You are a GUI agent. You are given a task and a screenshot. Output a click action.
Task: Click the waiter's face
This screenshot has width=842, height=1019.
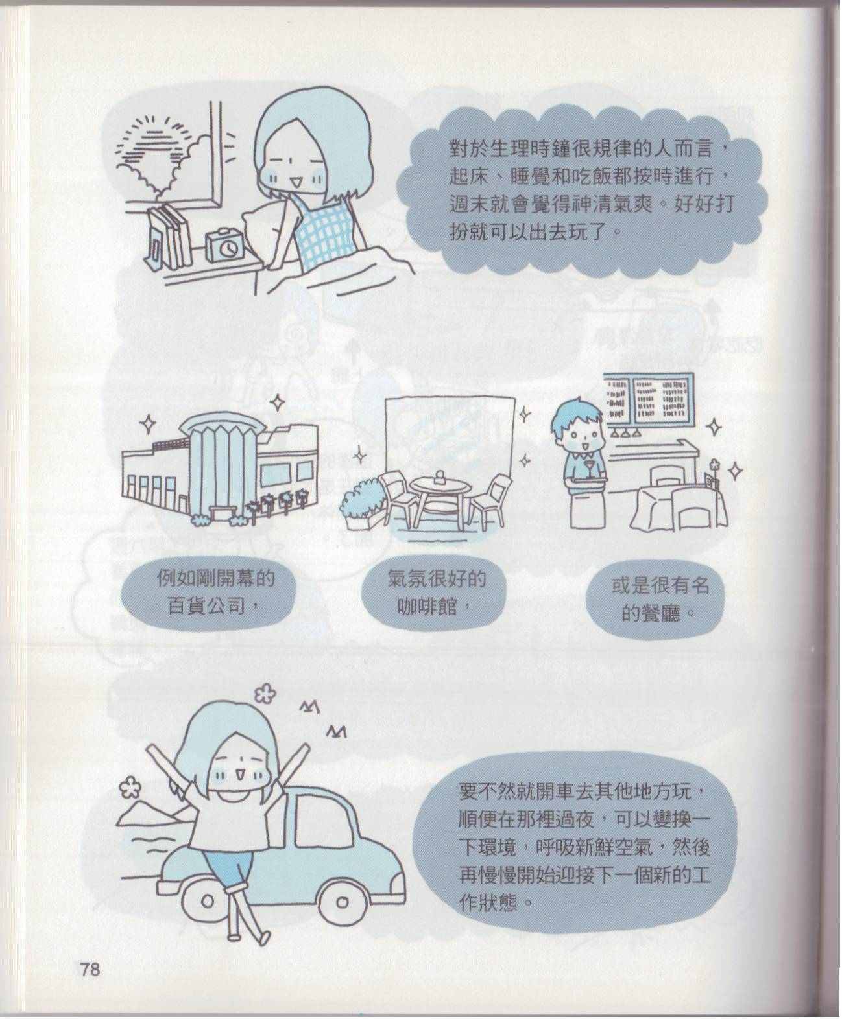point(579,434)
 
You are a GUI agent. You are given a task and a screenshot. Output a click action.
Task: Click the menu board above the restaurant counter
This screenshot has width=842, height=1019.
point(648,399)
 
